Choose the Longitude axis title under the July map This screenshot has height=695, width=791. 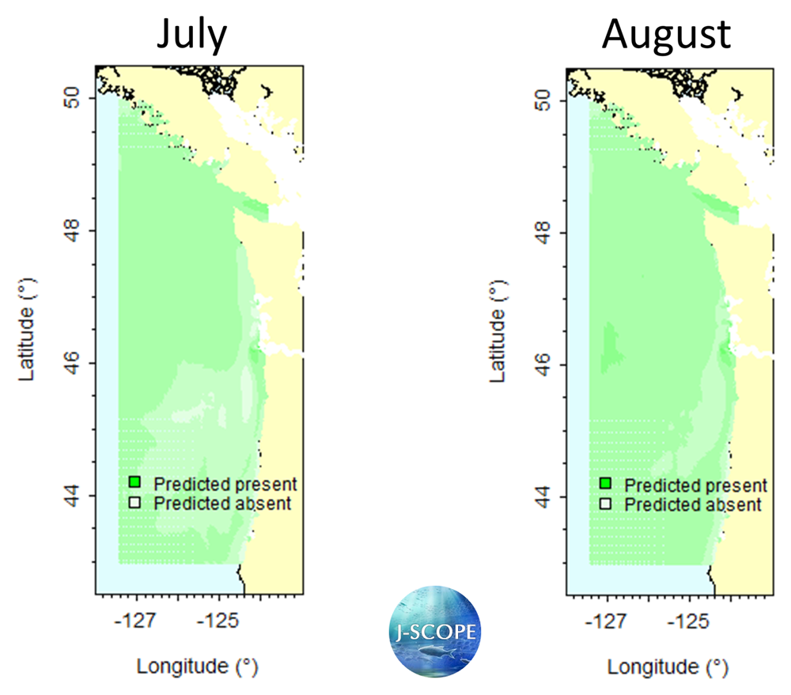(x=198, y=666)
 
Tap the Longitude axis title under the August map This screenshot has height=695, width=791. (x=668, y=667)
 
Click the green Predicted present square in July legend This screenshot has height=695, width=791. (x=135, y=482)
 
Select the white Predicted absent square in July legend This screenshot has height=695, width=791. (x=135, y=502)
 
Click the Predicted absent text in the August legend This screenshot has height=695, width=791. (x=693, y=504)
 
